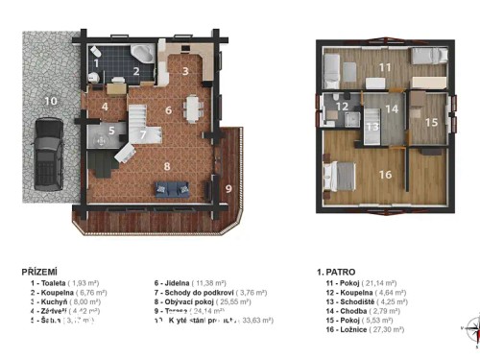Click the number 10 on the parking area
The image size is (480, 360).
[49, 100]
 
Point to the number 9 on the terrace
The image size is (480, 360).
[228, 189]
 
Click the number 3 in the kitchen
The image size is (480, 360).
[185, 70]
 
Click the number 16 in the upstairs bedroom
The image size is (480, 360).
[385, 174]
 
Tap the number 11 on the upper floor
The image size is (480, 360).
[384, 67]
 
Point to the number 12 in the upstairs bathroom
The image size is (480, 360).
[341, 107]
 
